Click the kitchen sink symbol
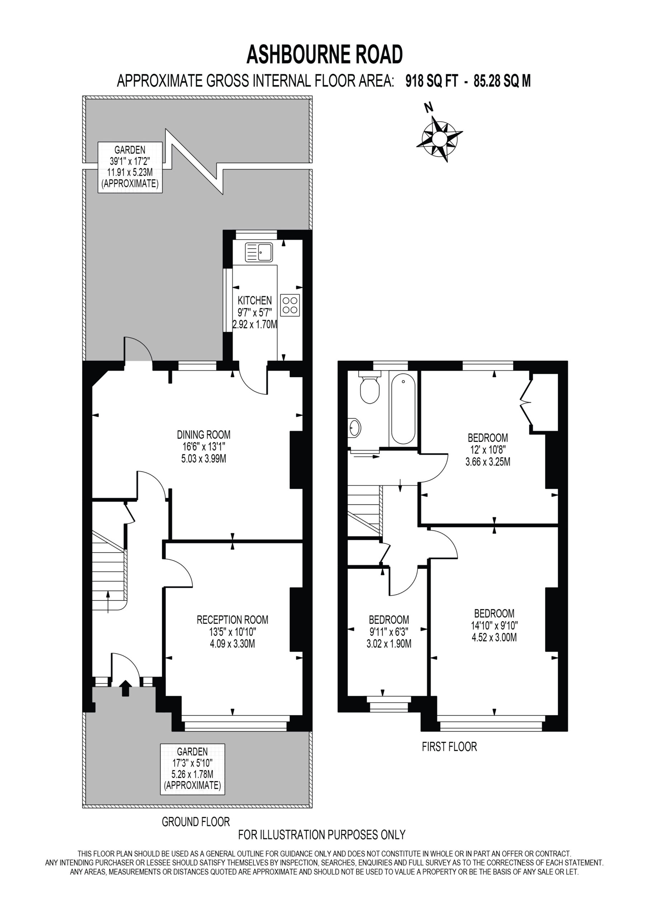tap(259, 252)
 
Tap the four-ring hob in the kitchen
tap(290, 305)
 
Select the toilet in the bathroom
tap(369, 387)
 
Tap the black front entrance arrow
tap(125, 688)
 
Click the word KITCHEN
tap(255, 300)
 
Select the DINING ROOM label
tap(204, 434)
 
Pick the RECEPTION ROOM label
tap(232, 620)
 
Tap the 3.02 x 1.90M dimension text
tap(389, 644)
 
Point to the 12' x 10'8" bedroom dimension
tap(487, 450)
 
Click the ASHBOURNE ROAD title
tap(324, 55)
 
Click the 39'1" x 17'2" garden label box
tap(131, 167)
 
